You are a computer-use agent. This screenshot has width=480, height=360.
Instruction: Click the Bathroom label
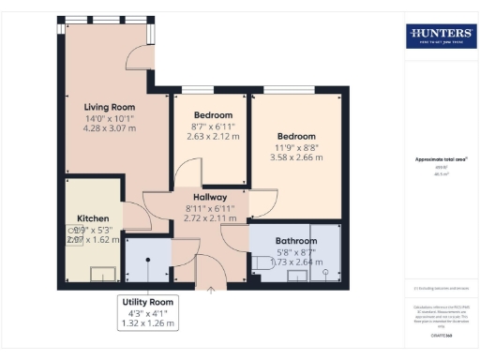295,241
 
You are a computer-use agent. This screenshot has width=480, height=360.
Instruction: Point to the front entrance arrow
210,290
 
